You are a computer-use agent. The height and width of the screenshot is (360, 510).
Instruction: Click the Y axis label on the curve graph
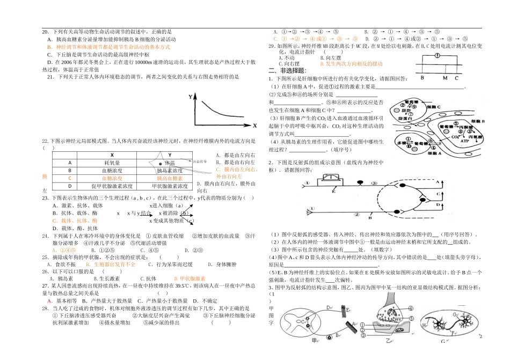click(190, 97)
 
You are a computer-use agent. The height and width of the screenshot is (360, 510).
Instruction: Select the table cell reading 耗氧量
click(112, 163)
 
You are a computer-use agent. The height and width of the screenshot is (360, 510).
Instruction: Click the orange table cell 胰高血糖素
click(169, 178)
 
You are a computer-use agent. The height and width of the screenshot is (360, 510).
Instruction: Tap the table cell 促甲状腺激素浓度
click(112, 186)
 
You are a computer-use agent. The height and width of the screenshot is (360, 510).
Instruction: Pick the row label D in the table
click(69, 186)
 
